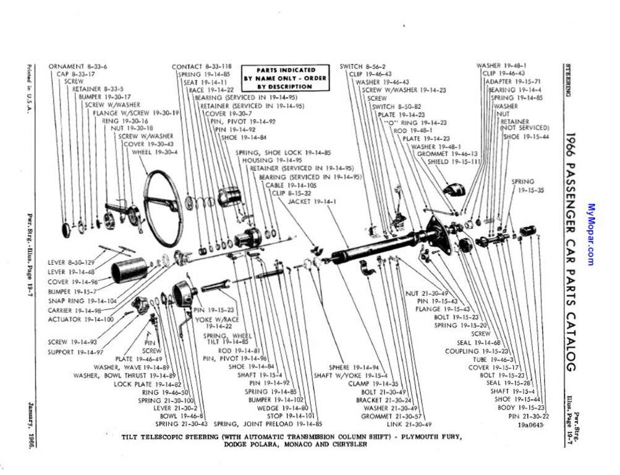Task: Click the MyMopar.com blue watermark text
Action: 591,235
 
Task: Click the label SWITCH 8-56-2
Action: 362,66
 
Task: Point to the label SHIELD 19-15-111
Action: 454,161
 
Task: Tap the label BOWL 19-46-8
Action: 177,416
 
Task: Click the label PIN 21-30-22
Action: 529,416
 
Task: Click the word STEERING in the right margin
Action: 567,80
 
